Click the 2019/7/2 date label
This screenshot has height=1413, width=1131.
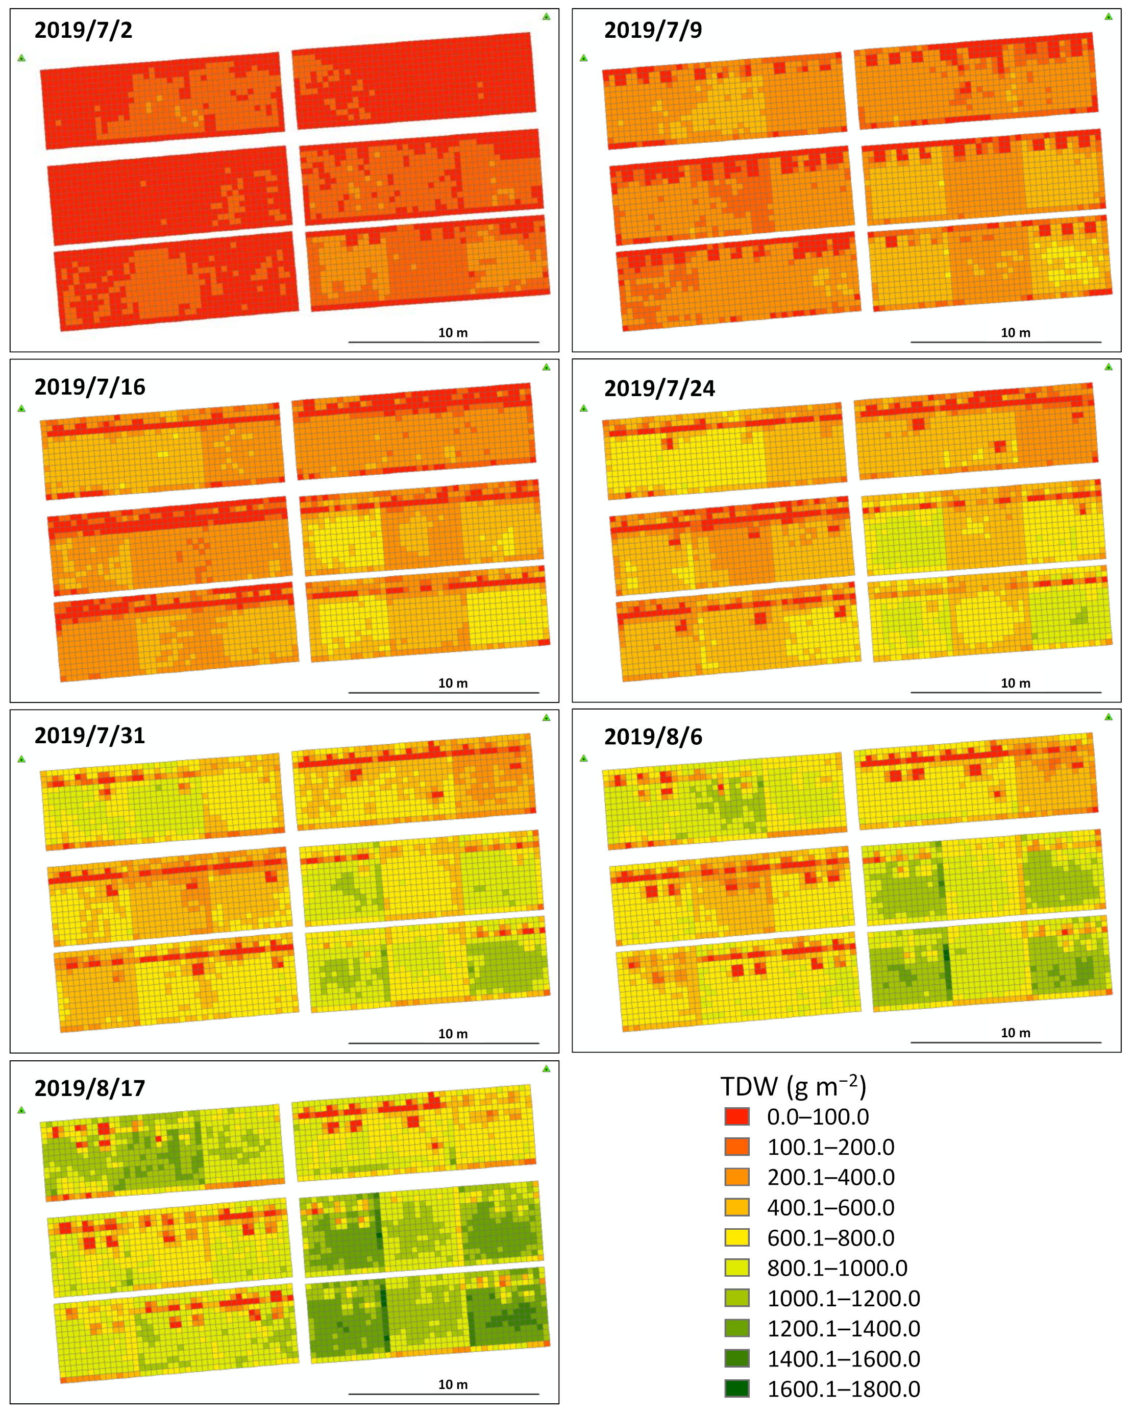coord(83,30)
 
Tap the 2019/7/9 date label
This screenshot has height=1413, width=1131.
coord(653,30)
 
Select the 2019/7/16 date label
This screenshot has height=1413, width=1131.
coord(90,386)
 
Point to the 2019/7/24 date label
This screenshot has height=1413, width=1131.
coord(659,388)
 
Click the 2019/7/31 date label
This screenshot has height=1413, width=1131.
coord(90,735)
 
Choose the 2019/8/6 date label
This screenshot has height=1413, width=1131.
coord(653,737)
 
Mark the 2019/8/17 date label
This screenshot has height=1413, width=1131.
coord(90,1088)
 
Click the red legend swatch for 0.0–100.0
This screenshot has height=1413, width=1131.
coord(736,1116)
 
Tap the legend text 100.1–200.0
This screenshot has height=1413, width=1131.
coord(830,1147)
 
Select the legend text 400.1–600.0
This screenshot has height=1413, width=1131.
coord(830,1207)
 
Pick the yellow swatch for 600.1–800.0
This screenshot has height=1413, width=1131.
coord(736,1237)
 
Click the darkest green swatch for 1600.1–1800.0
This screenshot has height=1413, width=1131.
coord(736,1388)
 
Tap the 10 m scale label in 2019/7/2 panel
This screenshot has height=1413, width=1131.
coord(453,333)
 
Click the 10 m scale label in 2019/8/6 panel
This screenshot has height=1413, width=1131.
coord(1015,1033)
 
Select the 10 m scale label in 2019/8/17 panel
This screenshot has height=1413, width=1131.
coord(453,1384)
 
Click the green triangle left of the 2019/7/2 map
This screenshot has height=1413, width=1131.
coord(21,58)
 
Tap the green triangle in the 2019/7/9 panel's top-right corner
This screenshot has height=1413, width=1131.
coord(1108,16)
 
